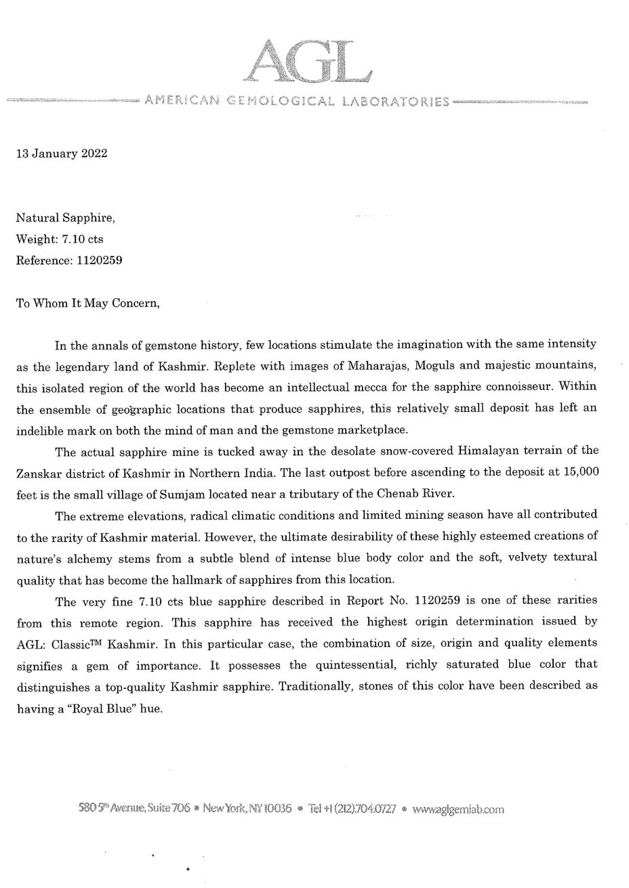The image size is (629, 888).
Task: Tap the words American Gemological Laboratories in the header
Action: click(x=297, y=102)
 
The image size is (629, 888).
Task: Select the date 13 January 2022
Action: click(x=61, y=153)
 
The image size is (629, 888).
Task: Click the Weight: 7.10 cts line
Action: click(x=59, y=239)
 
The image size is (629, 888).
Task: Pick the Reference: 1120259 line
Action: click(x=68, y=260)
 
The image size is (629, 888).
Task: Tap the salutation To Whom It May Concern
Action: click(x=87, y=303)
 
